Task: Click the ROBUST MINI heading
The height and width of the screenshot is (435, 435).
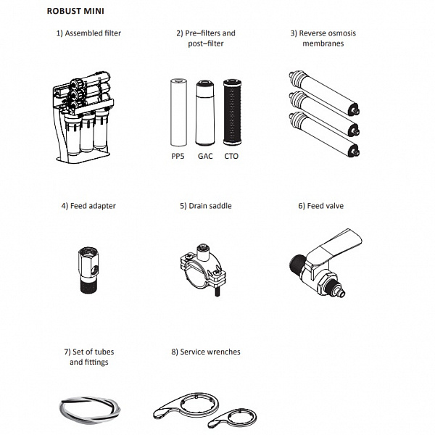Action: [x=75, y=11]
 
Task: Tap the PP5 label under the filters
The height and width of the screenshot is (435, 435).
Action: [x=178, y=156]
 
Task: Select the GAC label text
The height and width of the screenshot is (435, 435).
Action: [x=205, y=156]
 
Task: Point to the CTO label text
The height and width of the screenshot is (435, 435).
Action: [x=231, y=156]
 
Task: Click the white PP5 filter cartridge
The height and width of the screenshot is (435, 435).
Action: [x=178, y=112]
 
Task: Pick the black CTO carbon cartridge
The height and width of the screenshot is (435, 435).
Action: [x=232, y=112]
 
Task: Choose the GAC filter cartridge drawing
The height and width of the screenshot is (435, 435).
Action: [x=205, y=113]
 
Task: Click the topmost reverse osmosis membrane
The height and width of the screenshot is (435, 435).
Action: [x=324, y=93]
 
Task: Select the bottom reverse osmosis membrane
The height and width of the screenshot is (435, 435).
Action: [x=324, y=134]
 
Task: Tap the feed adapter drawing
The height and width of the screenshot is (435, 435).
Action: [x=88, y=270]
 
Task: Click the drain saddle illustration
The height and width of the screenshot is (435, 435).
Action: [x=203, y=270]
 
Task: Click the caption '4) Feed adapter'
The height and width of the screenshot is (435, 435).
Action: [x=88, y=206]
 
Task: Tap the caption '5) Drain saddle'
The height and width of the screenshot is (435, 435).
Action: [x=206, y=206]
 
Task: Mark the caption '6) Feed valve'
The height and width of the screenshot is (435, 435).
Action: [x=321, y=206]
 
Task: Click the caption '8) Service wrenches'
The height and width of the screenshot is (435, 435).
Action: [x=206, y=352]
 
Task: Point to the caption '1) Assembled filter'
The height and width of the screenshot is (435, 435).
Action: [x=88, y=33]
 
